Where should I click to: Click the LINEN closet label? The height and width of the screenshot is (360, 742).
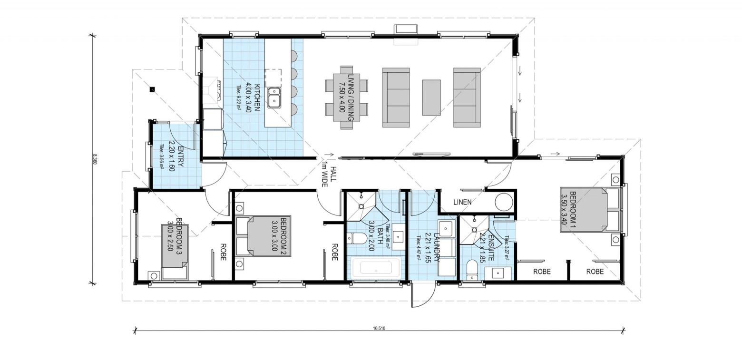tap(462, 202)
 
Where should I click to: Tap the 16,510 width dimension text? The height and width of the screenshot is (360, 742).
tap(379, 329)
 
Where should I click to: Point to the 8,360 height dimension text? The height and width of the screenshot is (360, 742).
tap(95, 159)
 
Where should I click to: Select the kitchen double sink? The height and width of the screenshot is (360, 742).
tap(274, 97)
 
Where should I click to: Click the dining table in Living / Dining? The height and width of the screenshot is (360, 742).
tap(346, 97)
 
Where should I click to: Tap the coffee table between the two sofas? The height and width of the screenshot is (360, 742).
tap(431, 97)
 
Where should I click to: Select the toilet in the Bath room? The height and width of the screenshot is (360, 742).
tap(356, 238)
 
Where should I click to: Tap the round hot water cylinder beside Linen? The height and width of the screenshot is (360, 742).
tap(504, 202)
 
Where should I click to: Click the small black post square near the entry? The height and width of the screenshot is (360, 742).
tap(152, 89)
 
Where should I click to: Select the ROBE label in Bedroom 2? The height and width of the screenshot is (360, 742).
tap(334, 252)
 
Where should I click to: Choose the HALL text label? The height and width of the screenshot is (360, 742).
tap(332, 173)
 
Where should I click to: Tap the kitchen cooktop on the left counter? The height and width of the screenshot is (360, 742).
tap(219, 88)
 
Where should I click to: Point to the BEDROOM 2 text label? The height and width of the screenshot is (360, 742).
tap(284, 234)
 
